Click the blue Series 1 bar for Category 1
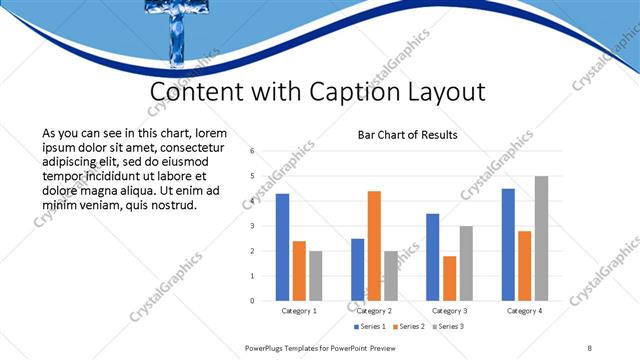(x=282, y=247)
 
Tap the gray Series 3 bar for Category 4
(x=541, y=238)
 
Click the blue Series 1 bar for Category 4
(x=508, y=244)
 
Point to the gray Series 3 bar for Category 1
(x=316, y=275)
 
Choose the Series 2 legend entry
(x=409, y=326)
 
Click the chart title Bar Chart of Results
(x=407, y=135)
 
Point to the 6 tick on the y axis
(x=252, y=151)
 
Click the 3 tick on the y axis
(x=252, y=226)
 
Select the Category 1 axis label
(x=299, y=311)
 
